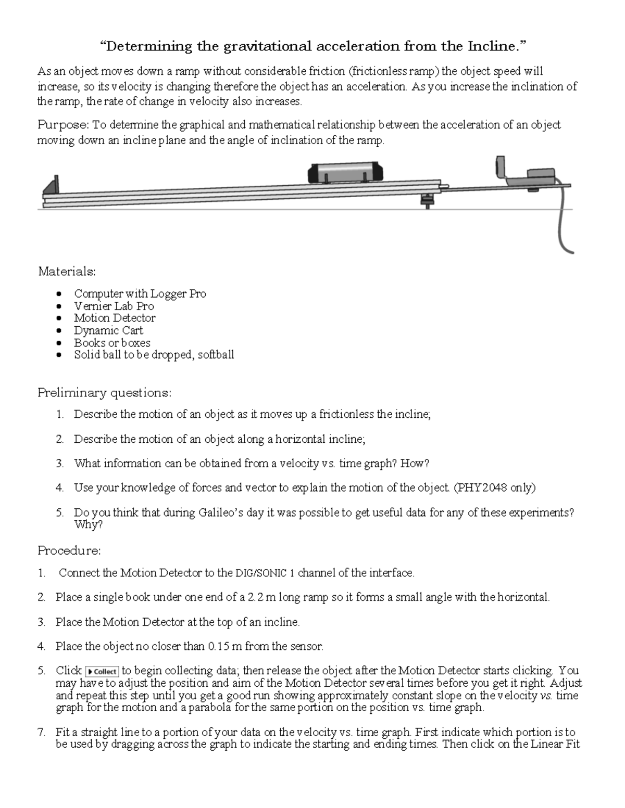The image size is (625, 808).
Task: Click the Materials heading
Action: [67, 272]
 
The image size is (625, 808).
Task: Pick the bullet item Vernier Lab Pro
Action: [114, 306]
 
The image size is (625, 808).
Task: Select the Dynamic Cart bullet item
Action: [108, 330]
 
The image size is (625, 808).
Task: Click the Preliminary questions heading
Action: [104, 392]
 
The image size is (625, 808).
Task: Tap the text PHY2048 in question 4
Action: [481, 488]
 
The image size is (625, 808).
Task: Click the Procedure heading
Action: [69, 550]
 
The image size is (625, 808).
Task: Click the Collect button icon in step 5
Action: [102, 671]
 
